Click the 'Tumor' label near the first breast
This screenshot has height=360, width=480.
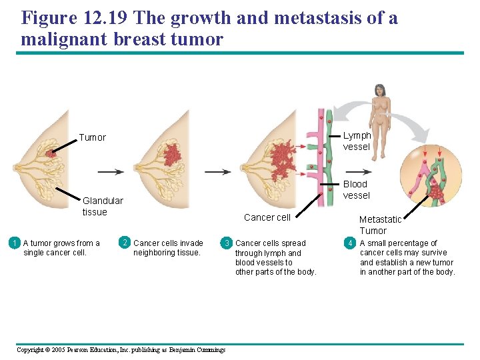click(x=92, y=137)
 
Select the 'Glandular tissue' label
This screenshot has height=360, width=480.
click(x=103, y=206)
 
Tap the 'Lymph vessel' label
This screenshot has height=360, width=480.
click(x=357, y=141)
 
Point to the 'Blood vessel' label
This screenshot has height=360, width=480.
click(x=355, y=189)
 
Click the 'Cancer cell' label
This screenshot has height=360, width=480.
click(x=267, y=217)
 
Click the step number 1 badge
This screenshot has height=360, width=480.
click(x=14, y=243)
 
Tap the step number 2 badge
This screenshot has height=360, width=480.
click(x=125, y=242)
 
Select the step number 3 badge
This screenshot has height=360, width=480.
click(x=227, y=243)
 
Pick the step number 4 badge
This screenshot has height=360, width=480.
click(x=350, y=243)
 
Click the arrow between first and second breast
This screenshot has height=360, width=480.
click(x=110, y=171)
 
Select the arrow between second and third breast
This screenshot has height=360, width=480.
click(x=217, y=171)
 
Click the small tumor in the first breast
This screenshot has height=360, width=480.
click(x=51, y=154)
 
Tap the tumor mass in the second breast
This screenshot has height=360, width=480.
click(x=172, y=154)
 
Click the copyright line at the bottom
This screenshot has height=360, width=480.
click(x=121, y=350)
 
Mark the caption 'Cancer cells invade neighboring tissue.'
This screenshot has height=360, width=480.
click(x=168, y=247)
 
